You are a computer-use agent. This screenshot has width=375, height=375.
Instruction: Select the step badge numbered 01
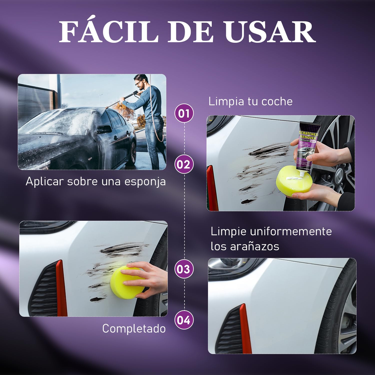(184, 113)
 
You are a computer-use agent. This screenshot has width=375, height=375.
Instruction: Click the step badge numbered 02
(184, 164)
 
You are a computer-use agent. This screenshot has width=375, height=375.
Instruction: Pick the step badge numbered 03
(184, 269)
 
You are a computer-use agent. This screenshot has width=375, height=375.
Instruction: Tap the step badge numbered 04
(184, 320)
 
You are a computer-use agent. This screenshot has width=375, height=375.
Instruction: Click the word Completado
(134, 328)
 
